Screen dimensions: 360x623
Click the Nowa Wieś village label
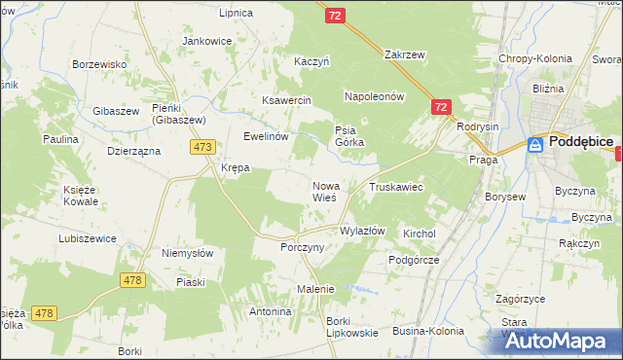pos(324,191)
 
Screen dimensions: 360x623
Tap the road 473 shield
pos(202,147)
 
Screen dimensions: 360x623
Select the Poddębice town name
pos(580,142)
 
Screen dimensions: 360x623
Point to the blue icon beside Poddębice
pos(535,144)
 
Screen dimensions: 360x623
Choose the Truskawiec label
pos(394,186)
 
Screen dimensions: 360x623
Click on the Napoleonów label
pos(373,97)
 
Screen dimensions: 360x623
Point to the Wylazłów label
pos(362,232)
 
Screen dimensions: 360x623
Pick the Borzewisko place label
pos(101,64)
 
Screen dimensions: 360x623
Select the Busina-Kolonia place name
pos(427,331)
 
